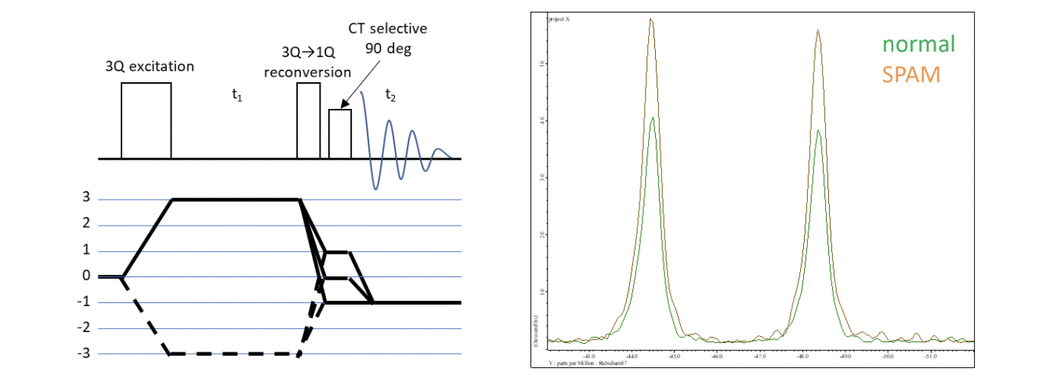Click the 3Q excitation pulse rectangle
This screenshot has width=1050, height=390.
(x=146, y=120)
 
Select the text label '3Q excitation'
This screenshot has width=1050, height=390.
(x=150, y=66)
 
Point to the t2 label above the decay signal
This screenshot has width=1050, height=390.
(x=390, y=95)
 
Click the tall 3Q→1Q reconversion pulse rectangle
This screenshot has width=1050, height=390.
(x=308, y=120)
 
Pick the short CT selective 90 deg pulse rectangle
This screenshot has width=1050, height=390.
(x=339, y=133)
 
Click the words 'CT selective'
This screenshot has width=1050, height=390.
(x=388, y=29)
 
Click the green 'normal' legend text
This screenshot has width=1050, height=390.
(x=918, y=44)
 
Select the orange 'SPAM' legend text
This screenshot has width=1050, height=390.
(x=911, y=75)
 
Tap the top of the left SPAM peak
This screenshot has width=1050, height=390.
(x=651, y=20)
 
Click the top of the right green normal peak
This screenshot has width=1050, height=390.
(x=818, y=131)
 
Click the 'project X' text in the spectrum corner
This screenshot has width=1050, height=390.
(x=559, y=18)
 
